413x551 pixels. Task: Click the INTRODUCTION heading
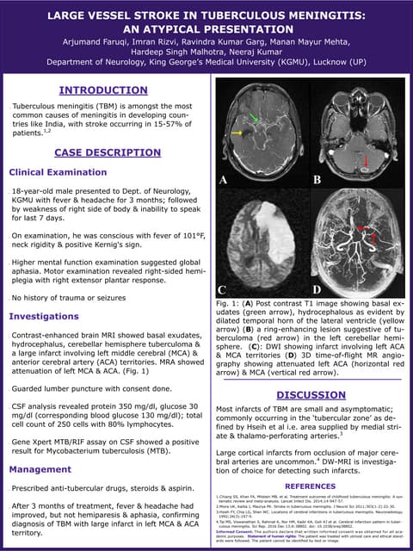[103, 90]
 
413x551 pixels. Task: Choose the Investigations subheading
[44, 316]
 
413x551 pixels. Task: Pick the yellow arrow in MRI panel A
[237, 133]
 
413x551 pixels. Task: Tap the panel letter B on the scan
[317, 181]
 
